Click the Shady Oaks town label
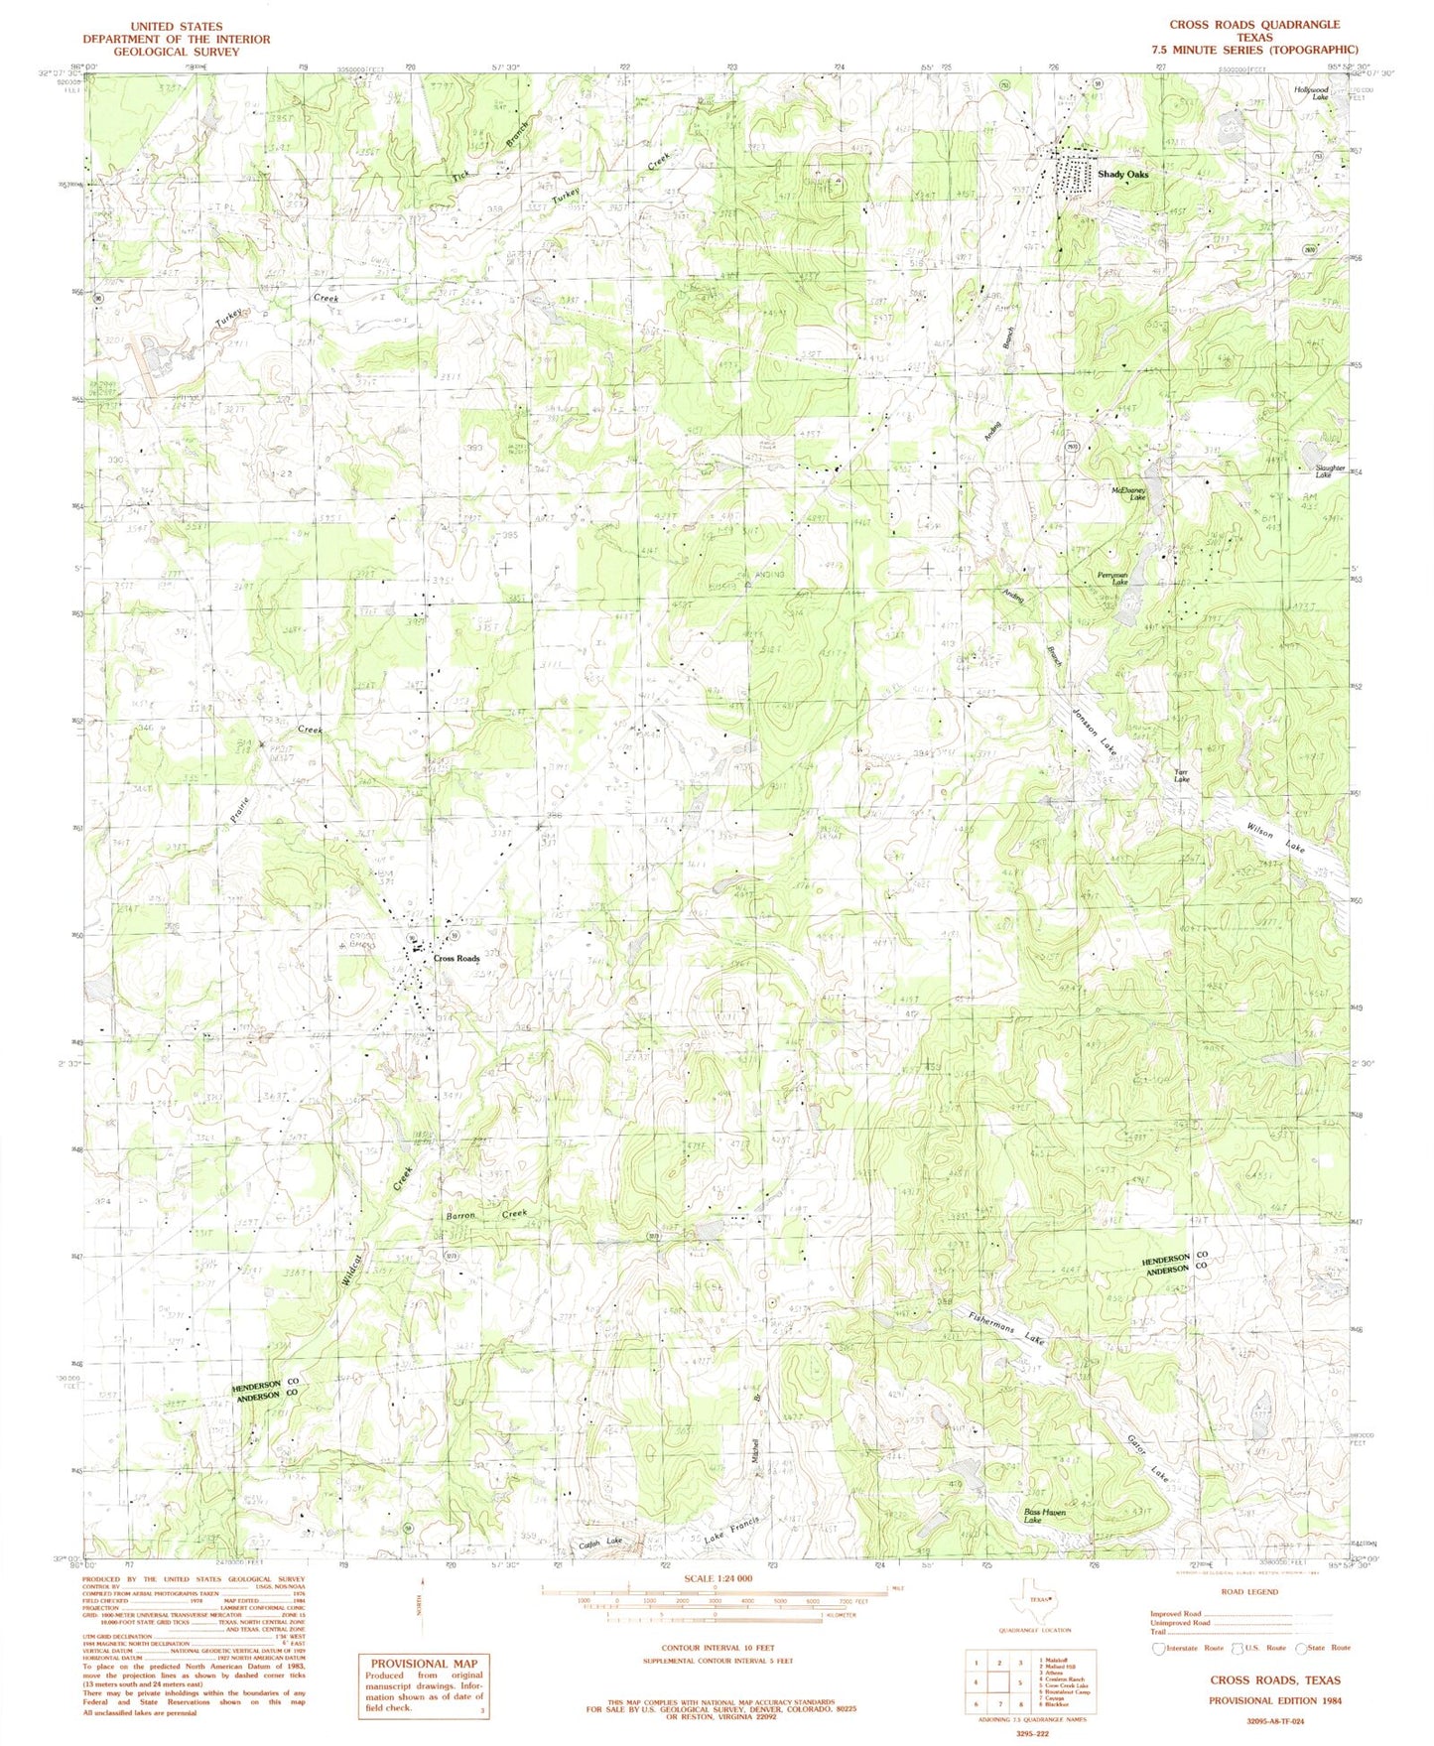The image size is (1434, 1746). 1122,174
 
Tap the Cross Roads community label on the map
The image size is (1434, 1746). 456,958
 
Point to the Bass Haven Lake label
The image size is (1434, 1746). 1045,1516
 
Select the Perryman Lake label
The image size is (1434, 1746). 1119,578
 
